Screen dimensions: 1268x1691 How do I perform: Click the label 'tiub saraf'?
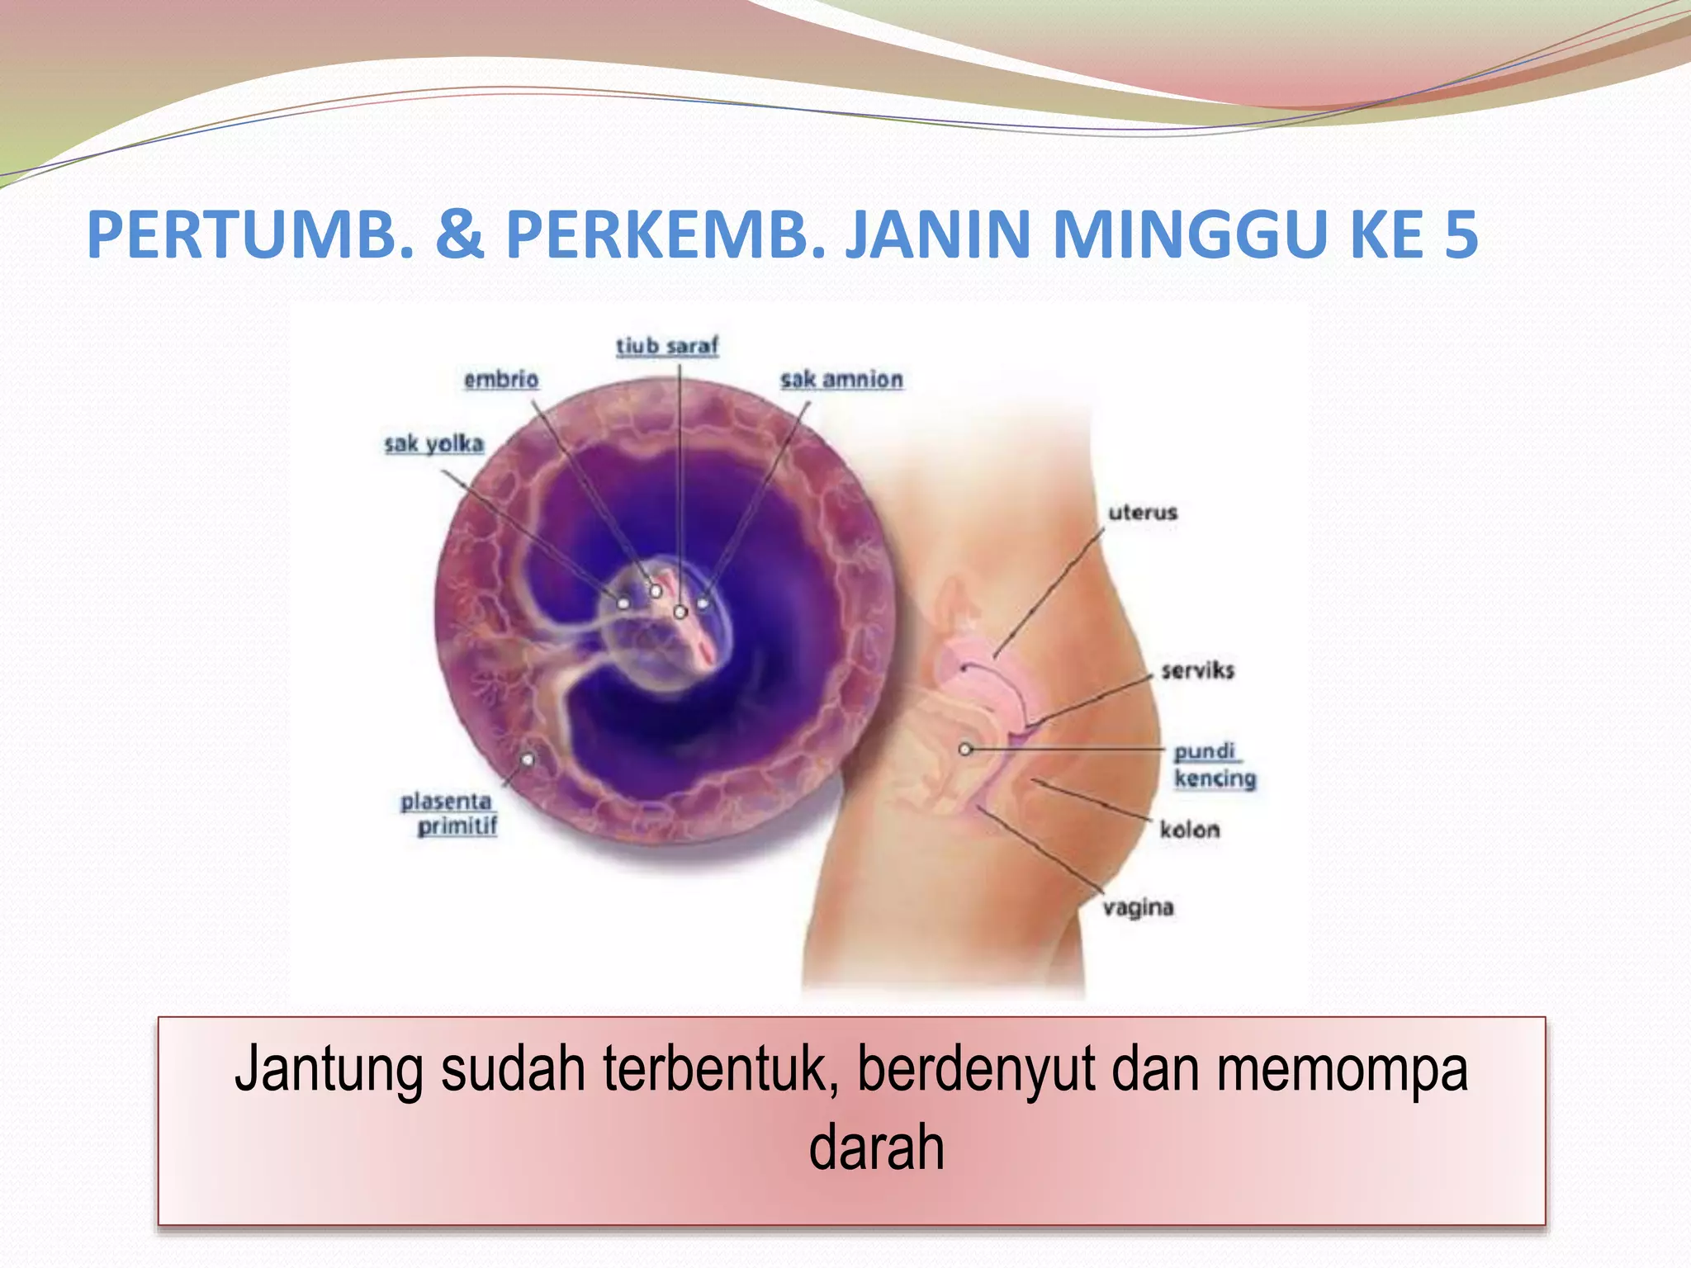click(x=667, y=346)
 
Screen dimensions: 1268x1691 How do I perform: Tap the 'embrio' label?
click(x=501, y=380)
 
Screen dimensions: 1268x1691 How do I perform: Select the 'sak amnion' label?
click(x=841, y=380)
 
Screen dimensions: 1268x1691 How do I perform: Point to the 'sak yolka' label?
click(x=434, y=444)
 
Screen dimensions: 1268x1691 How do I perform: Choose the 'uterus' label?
click(x=1143, y=513)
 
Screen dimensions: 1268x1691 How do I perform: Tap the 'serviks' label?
click(x=1197, y=670)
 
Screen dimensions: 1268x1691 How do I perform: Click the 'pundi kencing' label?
click(x=1214, y=765)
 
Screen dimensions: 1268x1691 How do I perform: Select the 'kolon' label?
click(x=1189, y=830)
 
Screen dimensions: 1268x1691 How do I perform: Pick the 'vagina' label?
click(x=1139, y=908)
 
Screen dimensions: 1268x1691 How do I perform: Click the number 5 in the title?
click(x=1461, y=235)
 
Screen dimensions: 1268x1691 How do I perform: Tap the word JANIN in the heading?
click(x=939, y=235)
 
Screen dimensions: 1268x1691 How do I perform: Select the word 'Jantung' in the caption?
click(x=329, y=1070)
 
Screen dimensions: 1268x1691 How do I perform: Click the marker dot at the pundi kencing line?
click(x=965, y=750)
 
